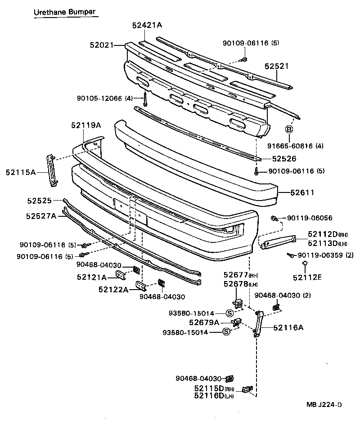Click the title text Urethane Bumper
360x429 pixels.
click(x=65, y=12)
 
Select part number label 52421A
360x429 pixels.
click(x=147, y=26)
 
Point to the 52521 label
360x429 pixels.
click(x=276, y=66)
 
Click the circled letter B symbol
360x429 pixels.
click(x=289, y=130)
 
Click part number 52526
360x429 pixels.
click(x=284, y=159)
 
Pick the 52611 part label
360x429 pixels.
click(x=302, y=192)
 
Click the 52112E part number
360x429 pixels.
click(x=307, y=277)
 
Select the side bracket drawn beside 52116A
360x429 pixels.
click(x=258, y=323)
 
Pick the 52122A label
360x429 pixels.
click(x=113, y=289)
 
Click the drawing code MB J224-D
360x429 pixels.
click(x=324, y=404)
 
